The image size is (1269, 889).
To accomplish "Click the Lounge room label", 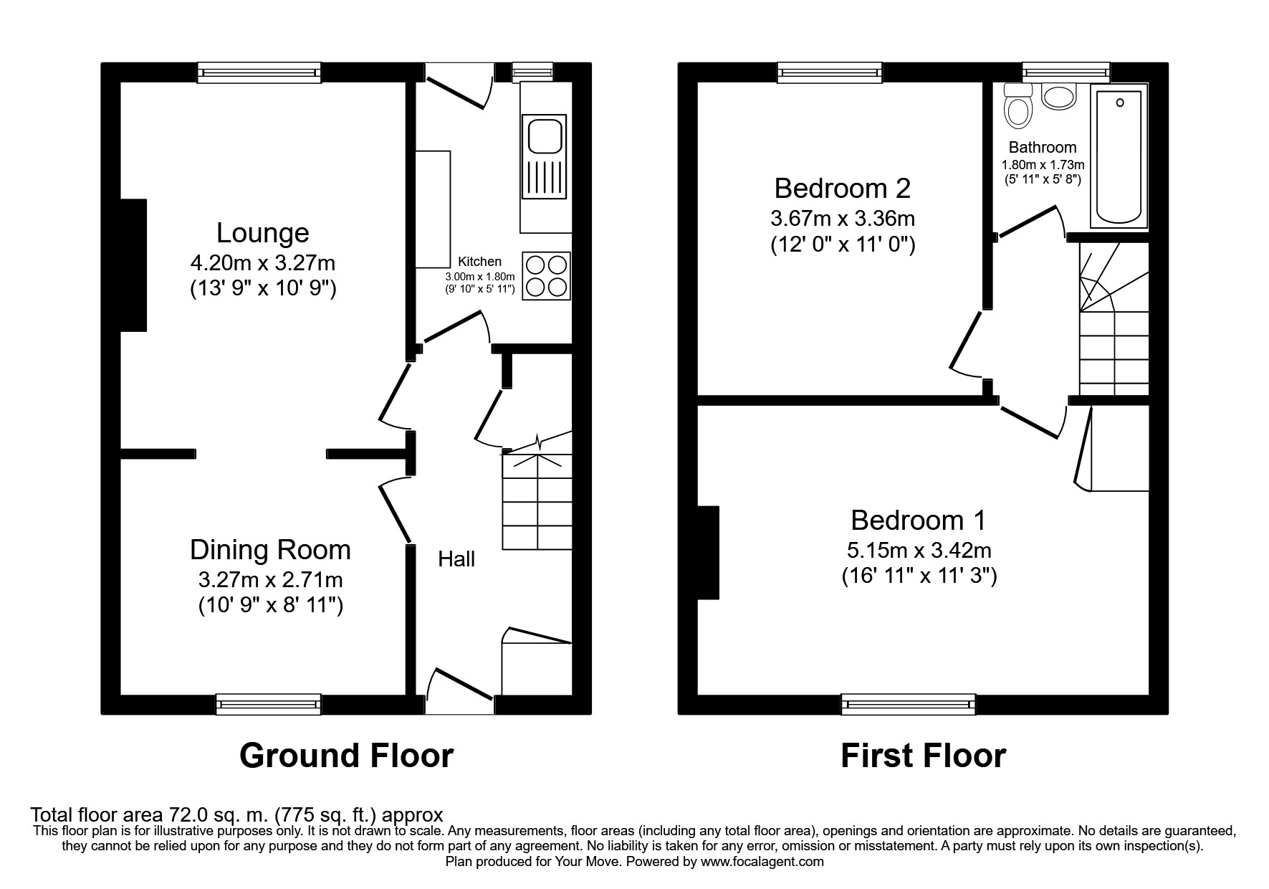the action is (x=263, y=233).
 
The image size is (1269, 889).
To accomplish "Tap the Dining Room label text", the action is (x=270, y=550).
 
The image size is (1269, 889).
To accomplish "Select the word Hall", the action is (x=456, y=559).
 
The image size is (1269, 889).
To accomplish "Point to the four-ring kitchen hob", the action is (x=547, y=276).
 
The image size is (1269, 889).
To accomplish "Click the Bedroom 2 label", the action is (x=843, y=189).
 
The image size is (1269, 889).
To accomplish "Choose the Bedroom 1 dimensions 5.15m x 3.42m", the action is (x=919, y=551).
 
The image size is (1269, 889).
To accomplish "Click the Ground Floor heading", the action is (x=346, y=756).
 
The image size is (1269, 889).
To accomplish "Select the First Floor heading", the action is (x=923, y=756).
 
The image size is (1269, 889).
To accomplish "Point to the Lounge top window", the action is (x=259, y=72).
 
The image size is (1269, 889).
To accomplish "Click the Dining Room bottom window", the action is (x=269, y=704).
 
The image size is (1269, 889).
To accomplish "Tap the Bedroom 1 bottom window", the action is (x=909, y=704).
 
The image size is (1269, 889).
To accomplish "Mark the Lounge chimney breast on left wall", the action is (x=133, y=265).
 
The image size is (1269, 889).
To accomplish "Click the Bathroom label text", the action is (x=1043, y=148).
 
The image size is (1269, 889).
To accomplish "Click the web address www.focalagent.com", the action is (x=762, y=862).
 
